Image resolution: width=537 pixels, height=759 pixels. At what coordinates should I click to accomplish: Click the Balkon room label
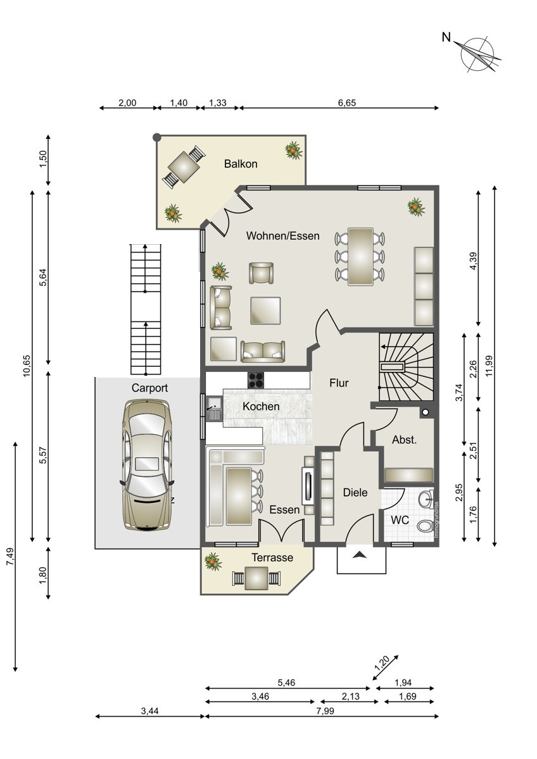pos(241,164)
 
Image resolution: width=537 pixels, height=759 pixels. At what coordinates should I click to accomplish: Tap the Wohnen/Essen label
pos(282,235)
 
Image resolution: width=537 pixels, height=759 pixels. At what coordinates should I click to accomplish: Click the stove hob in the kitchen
pos(256,380)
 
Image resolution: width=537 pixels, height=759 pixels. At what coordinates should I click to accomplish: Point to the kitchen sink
pos(214,409)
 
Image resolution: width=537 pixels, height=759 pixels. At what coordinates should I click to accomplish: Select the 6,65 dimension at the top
pos(346,102)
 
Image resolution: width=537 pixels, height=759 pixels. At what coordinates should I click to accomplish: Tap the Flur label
pos(339,383)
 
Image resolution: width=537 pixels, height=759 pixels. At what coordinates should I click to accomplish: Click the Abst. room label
pos(404,440)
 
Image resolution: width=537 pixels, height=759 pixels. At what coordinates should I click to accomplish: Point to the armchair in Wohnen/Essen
pos(261,273)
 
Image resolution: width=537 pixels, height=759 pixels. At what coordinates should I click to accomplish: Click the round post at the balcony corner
pos(156,137)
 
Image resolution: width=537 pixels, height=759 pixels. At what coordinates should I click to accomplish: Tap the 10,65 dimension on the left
pos(27,366)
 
